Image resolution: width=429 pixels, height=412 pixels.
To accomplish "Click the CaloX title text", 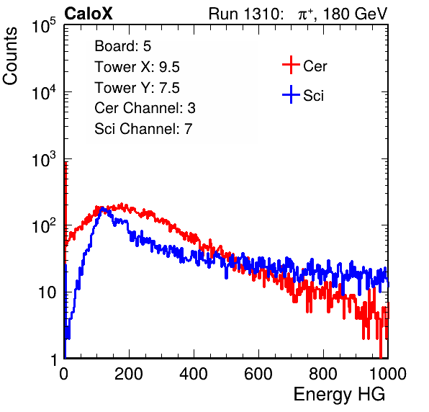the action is pyautogui.click(x=89, y=14).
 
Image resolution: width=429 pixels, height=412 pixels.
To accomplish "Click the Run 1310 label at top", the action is pyautogui.click(x=245, y=14).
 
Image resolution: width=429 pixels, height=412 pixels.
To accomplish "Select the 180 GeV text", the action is pyautogui.click(x=356, y=14).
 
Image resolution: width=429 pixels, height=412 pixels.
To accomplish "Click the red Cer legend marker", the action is pyautogui.click(x=291, y=65).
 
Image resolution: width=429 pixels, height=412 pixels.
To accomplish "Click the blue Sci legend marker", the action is pyautogui.click(x=291, y=94).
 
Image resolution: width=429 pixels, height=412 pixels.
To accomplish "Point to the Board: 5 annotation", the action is pyautogui.click(x=123, y=46).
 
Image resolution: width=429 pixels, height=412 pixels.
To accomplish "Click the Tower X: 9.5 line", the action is pyautogui.click(x=137, y=67).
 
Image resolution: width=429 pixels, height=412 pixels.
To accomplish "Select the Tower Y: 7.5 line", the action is pyautogui.click(x=137, y=88).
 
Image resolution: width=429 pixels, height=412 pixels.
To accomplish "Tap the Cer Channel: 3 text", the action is pyautogui.click(x=145, y=108).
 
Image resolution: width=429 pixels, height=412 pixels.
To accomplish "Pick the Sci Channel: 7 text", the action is pyautogui.click(x=143, y=129).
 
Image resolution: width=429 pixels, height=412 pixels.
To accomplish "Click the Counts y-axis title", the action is pyautogui.click(x=10, y=56).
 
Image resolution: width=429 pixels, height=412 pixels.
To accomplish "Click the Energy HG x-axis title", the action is pyautogui.click(x=339, y=395).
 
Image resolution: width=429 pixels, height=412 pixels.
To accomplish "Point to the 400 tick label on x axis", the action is pyautogui.click(x=194, y=374).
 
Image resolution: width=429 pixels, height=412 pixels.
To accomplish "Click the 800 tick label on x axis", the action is pyautogui.click(x=323, y=374).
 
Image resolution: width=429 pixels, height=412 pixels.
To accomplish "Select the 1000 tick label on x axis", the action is pyautogui.click(x=388, y=374).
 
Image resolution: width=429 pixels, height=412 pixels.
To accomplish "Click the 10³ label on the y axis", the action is pyautogui.click(x=44, y=159).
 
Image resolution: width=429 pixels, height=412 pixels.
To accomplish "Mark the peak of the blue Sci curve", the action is pyautogui.click(x=102, y=208).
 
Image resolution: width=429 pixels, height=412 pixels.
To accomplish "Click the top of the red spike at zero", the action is pyautogui.click(x=66, y=162).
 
